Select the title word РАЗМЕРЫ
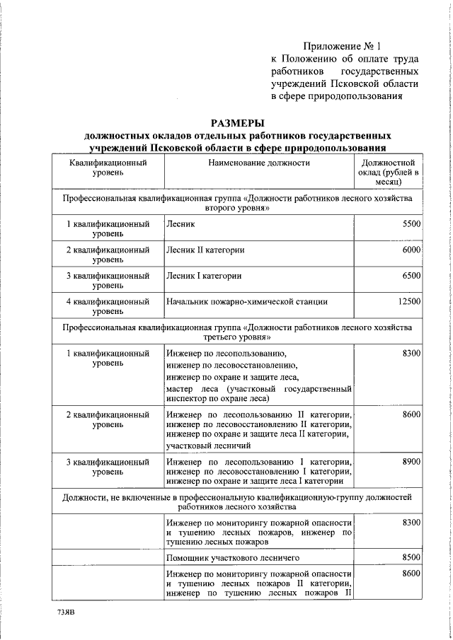click(x=236, y=122)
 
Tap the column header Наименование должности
click(x=258, y=163)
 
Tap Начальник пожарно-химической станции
click(x=246, y=301)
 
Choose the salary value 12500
click(x=408, y=301)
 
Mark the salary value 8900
click(x=411, y=461)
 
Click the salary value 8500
click(x=411, y=557)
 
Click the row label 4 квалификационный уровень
click(x=108, y=306)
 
